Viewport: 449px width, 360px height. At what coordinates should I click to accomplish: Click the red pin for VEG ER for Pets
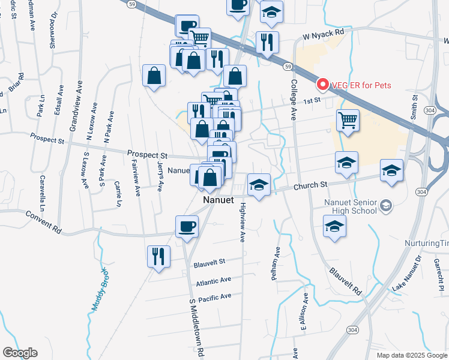(x=322, y=85)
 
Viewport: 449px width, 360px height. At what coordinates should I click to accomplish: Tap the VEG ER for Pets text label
(x=360, y=85)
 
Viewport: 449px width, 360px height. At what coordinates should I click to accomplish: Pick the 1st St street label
(x=310, y=101)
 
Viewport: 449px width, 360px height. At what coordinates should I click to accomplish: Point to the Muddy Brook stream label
(x=98, y=289)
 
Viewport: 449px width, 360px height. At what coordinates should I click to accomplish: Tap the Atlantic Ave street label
(x=213, y=281)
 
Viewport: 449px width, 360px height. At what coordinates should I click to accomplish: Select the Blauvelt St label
(x=209, y=262)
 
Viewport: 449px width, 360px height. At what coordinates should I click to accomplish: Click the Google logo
(x=20, y=353)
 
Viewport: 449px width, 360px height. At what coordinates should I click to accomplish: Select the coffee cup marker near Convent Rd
(x=187, y=227)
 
